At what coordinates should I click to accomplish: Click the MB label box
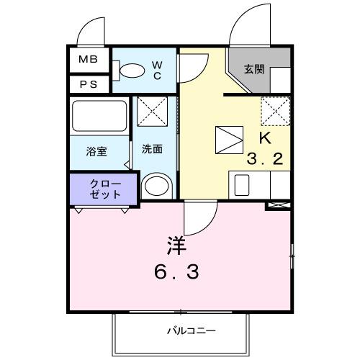(88, 60)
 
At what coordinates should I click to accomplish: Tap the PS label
(88, 84)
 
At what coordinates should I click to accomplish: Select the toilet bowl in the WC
(131, 71)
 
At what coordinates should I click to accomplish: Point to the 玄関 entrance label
(253, 70)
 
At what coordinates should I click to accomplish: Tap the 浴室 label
(96, 151)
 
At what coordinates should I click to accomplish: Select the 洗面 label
(151, 150)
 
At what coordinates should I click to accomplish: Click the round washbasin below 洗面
(155, 186)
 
